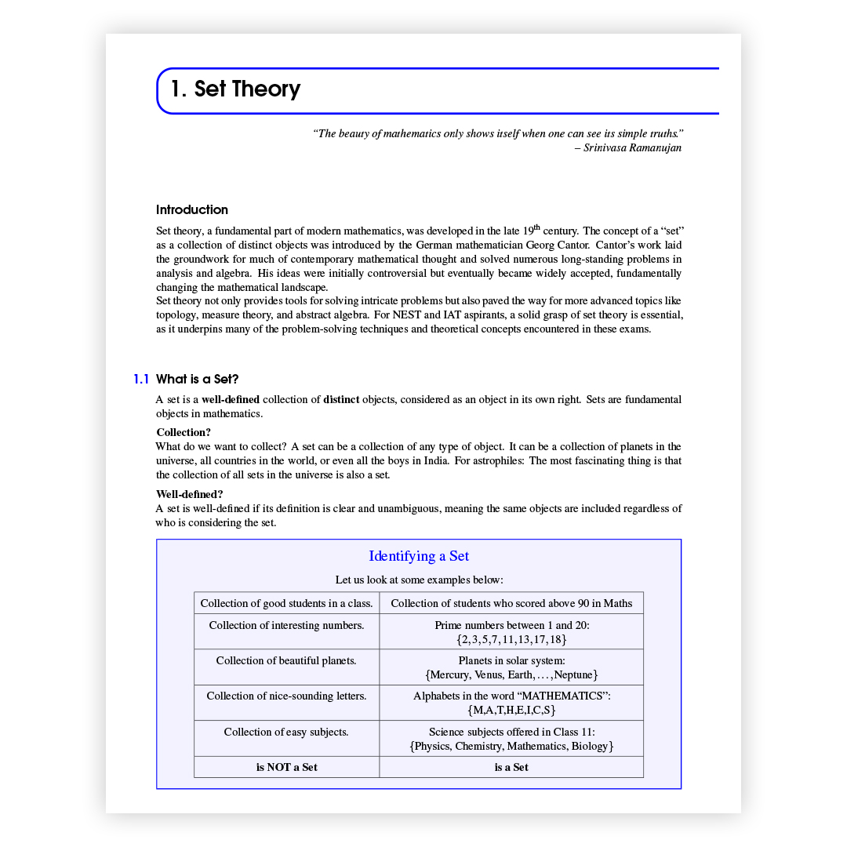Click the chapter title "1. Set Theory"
235,89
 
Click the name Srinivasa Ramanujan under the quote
633,147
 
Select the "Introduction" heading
192,209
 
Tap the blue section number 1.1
141,380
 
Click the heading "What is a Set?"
197,380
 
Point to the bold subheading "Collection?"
184,432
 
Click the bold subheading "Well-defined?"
189,494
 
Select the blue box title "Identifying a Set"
419,556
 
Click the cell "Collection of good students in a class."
286,603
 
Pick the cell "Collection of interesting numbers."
286,625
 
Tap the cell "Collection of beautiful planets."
286,660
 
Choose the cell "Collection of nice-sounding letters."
286,696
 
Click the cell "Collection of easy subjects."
286,732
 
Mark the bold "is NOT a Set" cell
286,767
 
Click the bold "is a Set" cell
511,767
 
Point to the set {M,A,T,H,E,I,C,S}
511,711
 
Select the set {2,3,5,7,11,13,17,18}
511,640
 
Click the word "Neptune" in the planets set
575,675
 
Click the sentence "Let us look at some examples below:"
419,580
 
